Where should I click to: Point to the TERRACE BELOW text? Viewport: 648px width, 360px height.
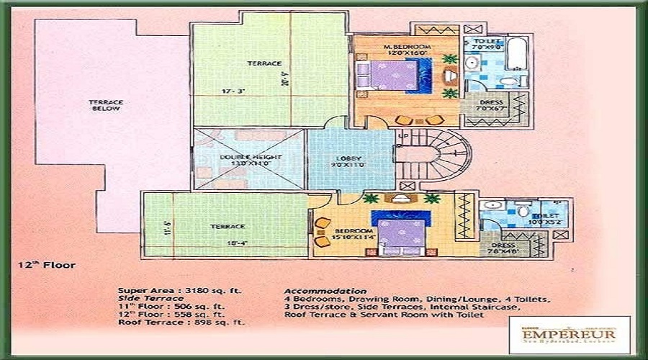tap(106, 107)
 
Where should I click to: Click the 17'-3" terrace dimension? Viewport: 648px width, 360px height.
tap(237, 92)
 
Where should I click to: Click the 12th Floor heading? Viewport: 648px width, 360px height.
tap(46, 265)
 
